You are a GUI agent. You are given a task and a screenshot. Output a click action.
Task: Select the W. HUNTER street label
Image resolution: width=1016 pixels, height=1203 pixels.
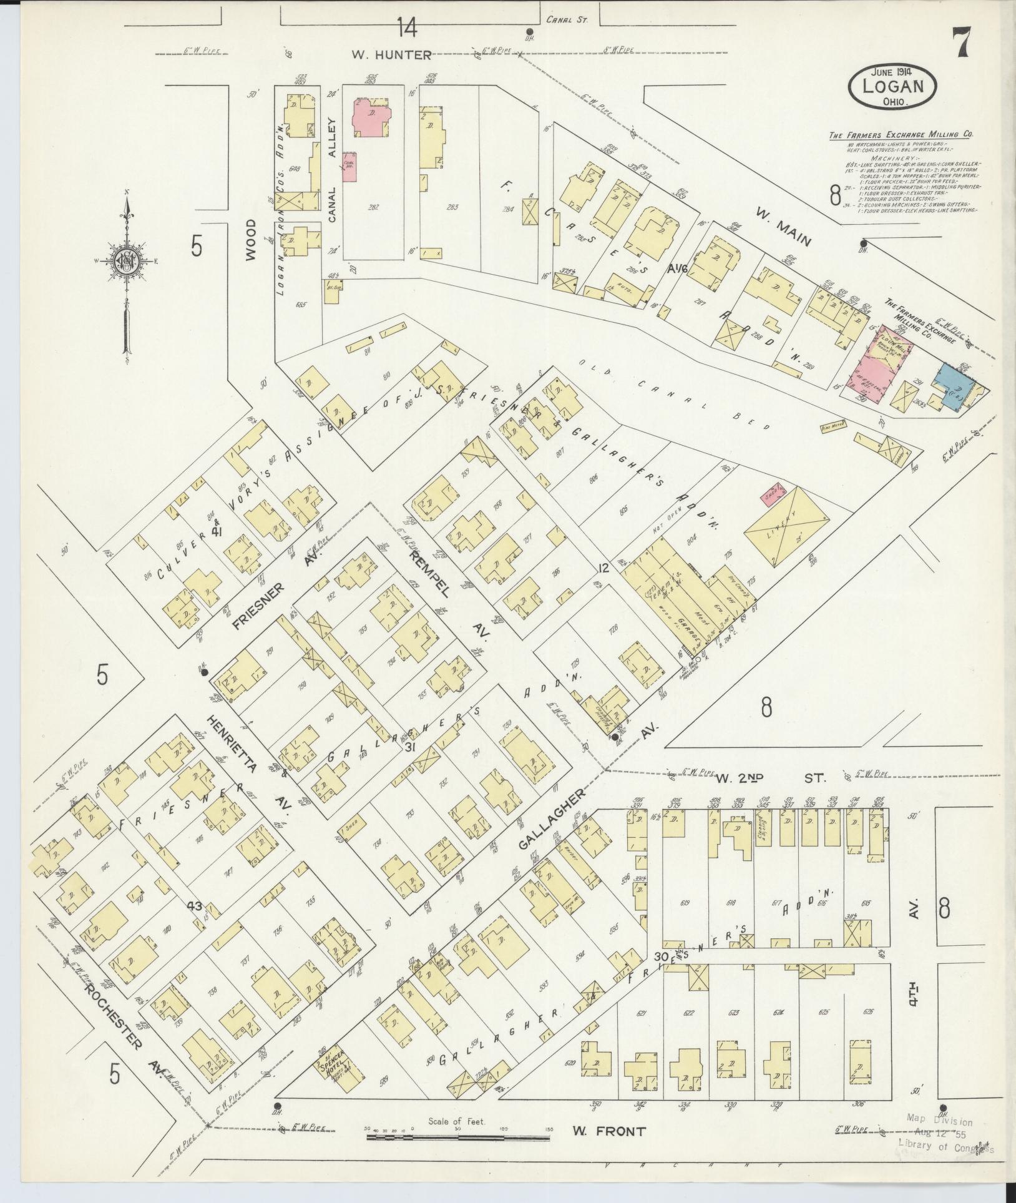391,55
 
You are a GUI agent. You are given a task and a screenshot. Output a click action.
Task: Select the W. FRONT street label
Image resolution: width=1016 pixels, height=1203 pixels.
608,1131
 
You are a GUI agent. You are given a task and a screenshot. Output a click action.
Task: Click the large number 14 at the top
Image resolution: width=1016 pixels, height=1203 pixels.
406,29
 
